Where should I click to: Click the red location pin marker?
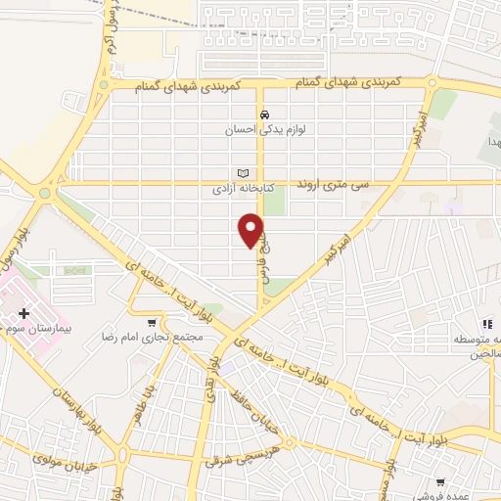click(x=251, y=229)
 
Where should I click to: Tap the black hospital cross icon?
click(x=24, y=314)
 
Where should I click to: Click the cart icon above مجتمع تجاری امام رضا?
click(x=151, y=322)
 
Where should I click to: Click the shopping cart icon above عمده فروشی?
click(x=441, y=481)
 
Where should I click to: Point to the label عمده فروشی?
click(x=442, y=494)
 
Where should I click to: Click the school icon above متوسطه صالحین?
click(x=485, y=325)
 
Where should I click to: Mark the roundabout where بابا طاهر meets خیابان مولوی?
click(x=124, y=454)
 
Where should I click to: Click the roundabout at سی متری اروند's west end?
click(x=43, y=193)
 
